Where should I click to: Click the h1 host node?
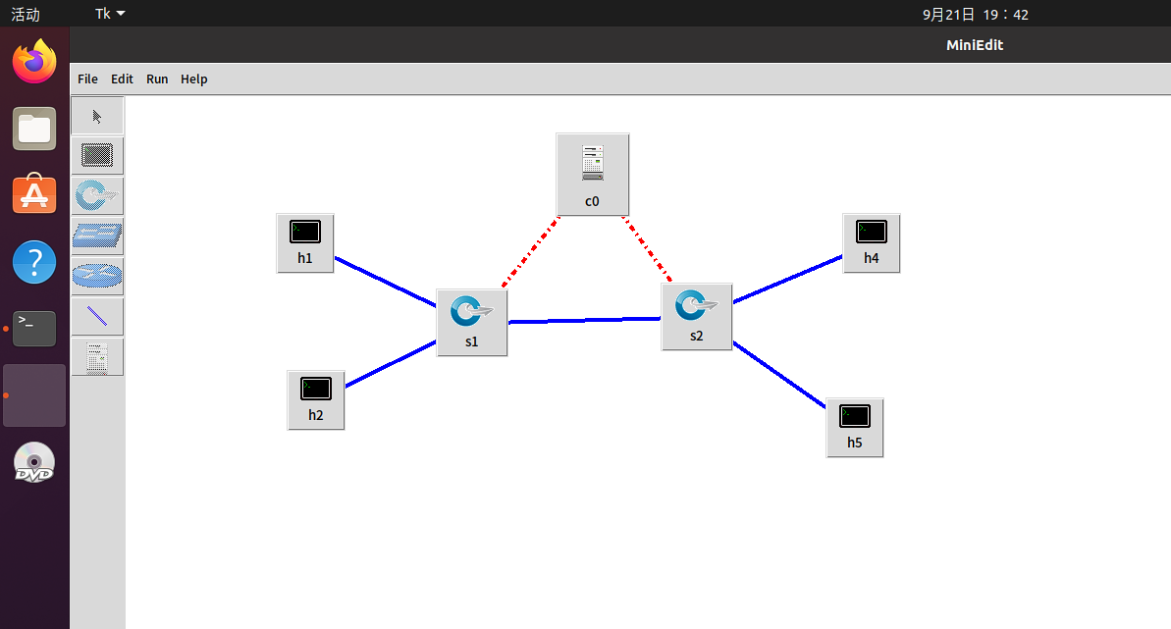tap(305, 241)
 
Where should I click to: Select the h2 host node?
tap(316, 398)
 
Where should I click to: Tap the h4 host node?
tap(872, 241)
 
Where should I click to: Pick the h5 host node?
tap(855, 426)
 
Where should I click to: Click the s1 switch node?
tap(472, 321)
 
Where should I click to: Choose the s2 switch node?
tap(697, 315)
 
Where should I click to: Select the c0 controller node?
tap(592, 173)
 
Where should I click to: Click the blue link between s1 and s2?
tap(585, 320)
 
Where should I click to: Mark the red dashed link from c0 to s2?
tap(646, 248)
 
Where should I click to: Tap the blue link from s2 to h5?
tap(779, 374)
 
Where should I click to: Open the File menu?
tap(87, 79)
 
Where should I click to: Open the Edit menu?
tap(122, 79)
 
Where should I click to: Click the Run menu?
tap(157, 79)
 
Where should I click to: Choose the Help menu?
tap(194, 79)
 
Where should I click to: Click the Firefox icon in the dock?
tap(34, 62)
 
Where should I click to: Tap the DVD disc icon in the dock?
tap(34, 462)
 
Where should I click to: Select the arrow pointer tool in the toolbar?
tap(97, 116)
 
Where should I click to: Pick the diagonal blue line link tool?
tap(97, 316)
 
